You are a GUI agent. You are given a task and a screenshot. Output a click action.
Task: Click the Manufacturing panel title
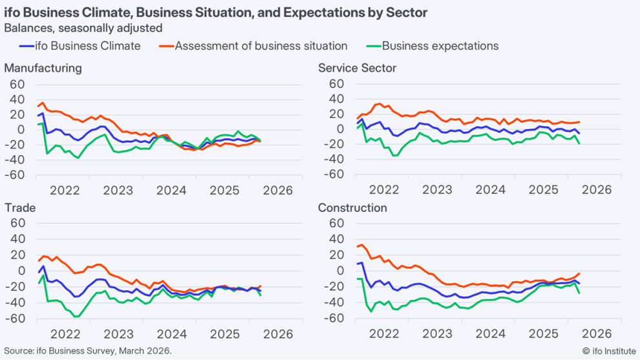43,68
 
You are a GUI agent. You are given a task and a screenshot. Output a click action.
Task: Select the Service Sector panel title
357,68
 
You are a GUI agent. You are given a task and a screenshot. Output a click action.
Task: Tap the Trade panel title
20,208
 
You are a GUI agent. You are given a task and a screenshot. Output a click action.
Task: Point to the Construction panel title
353,208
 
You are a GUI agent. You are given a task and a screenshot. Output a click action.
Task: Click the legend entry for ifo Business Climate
89,46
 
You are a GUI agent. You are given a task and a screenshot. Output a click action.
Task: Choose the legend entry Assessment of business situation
261,46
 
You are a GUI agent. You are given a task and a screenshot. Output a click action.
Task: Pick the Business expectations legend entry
440,46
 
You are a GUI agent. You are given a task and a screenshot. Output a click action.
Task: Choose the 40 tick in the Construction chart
335,239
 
